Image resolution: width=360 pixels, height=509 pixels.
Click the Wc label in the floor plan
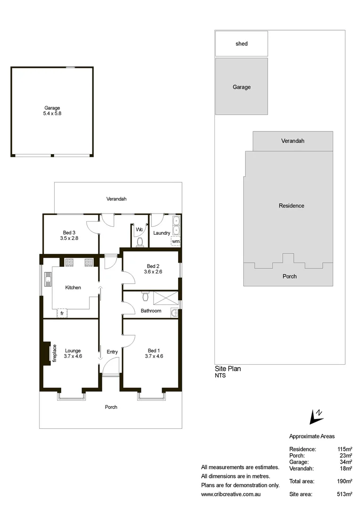tap(139, 230)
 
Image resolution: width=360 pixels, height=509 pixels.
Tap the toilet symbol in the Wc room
tap(139, 242)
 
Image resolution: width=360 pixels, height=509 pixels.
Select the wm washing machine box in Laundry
tap(175, 241)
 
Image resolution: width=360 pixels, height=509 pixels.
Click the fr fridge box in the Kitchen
tap(62, 313)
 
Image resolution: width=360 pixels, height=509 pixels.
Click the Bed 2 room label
tap(152, 265)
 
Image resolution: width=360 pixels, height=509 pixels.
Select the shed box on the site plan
tap(241, 44)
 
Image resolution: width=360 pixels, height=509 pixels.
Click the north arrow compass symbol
tap(315, 416)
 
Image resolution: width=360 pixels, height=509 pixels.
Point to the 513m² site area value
tap(344, 494)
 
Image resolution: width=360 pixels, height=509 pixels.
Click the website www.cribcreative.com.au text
tap(231, 494)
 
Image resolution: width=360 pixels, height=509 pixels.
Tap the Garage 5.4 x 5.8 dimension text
tap(52, 114)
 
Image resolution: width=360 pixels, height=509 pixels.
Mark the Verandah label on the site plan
tap(293, 141)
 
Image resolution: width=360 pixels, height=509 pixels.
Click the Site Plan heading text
tap(228, 369)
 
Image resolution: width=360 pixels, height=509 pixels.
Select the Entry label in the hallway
tap(112, 352)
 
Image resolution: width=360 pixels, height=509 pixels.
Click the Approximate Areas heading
tap(311, 436)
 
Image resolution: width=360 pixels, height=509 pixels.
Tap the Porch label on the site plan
tap(289, 276)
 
